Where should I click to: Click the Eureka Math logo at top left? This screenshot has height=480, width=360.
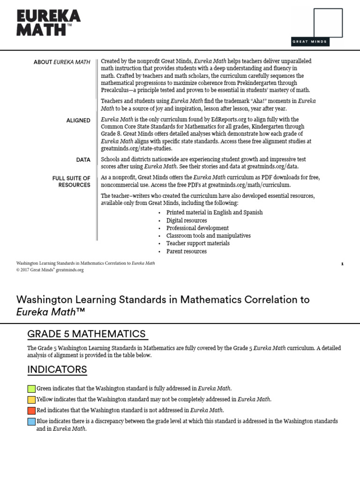coord(48,23)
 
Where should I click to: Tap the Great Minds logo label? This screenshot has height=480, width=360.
coord(310,42)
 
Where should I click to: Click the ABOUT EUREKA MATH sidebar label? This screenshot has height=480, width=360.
coord(62,62)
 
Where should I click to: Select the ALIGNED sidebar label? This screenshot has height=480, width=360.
coord(78,120)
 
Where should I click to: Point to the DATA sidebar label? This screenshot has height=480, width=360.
coord(83,160)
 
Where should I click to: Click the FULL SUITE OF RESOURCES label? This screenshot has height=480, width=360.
coord(71,181)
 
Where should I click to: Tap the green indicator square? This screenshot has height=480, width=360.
coord(31,389)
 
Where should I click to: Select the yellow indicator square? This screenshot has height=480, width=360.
coord(31,399)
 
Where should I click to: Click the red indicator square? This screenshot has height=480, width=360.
coord(31,410)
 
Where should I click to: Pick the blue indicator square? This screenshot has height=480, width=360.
coord(31,421)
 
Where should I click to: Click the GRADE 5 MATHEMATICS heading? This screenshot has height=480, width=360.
coord(87,334)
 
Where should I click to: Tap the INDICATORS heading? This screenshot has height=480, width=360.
coord(57,369)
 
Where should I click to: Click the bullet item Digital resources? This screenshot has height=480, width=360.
coord(186,220)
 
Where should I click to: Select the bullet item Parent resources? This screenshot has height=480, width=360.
coord(186,251)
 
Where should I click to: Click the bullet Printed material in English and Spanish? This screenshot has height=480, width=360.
coord(214,212)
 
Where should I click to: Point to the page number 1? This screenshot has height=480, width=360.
coord(342,264)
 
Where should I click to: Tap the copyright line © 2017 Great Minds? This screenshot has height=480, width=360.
coord(50,270)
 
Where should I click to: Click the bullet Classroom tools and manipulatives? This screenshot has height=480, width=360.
coord(208,236)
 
